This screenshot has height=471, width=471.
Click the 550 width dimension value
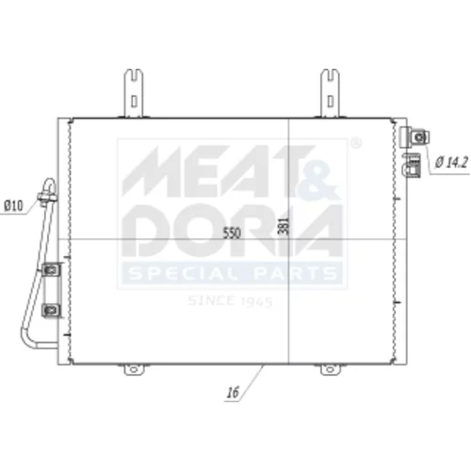click(x=232, y=233)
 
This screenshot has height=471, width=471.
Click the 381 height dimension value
click(x=284, y=225)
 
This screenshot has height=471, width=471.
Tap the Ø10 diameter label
click(x=13, y=206)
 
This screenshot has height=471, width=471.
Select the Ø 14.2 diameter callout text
click(x=451, y=162)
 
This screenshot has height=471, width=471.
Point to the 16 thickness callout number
click(x=233, y=393)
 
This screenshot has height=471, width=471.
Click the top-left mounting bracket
click(x=134, y=93)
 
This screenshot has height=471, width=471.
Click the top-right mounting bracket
click(x=330, y=93)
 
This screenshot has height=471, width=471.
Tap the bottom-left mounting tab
click(x=134, y=369)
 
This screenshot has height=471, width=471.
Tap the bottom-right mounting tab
click(x=330, y=369)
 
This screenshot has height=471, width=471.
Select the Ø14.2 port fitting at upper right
click(x=414, y=138)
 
